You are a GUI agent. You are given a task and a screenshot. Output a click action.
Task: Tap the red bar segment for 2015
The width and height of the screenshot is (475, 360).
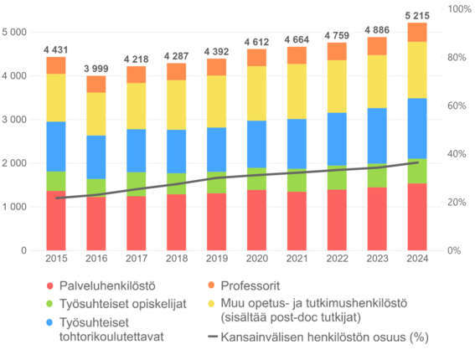[x=56, y=221]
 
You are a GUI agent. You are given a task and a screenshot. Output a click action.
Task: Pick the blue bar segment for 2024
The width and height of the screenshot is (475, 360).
[x=416, y=128]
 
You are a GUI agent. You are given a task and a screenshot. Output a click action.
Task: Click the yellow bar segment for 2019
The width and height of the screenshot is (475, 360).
[x=216, y=101]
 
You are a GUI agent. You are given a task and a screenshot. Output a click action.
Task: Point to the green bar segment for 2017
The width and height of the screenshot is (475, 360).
[x=136, y=183]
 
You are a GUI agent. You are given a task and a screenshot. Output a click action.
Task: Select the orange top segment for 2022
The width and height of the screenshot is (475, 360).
[x=336, y=51]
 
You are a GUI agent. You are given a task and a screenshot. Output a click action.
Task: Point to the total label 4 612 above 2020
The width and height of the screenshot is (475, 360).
[x=256, y=40]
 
